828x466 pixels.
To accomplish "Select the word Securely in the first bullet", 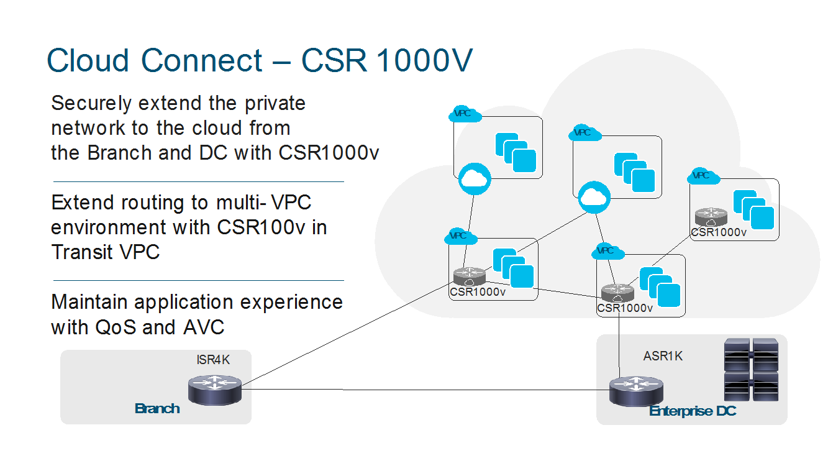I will click(90, 103).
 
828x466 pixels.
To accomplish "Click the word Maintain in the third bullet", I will click(89, 302).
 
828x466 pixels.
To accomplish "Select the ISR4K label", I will click(213, 360).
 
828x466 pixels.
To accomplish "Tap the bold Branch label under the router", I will click(157, 408).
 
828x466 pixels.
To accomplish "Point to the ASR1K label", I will click(663, 357).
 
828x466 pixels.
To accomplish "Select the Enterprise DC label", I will click(693, 411).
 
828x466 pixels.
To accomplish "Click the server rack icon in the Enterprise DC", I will click(752, 369).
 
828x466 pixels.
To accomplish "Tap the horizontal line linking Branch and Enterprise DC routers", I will click(422, 390).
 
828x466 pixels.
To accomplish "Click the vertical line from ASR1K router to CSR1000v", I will click(619, 342).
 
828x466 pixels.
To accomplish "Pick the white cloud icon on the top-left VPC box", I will click(475, 180).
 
